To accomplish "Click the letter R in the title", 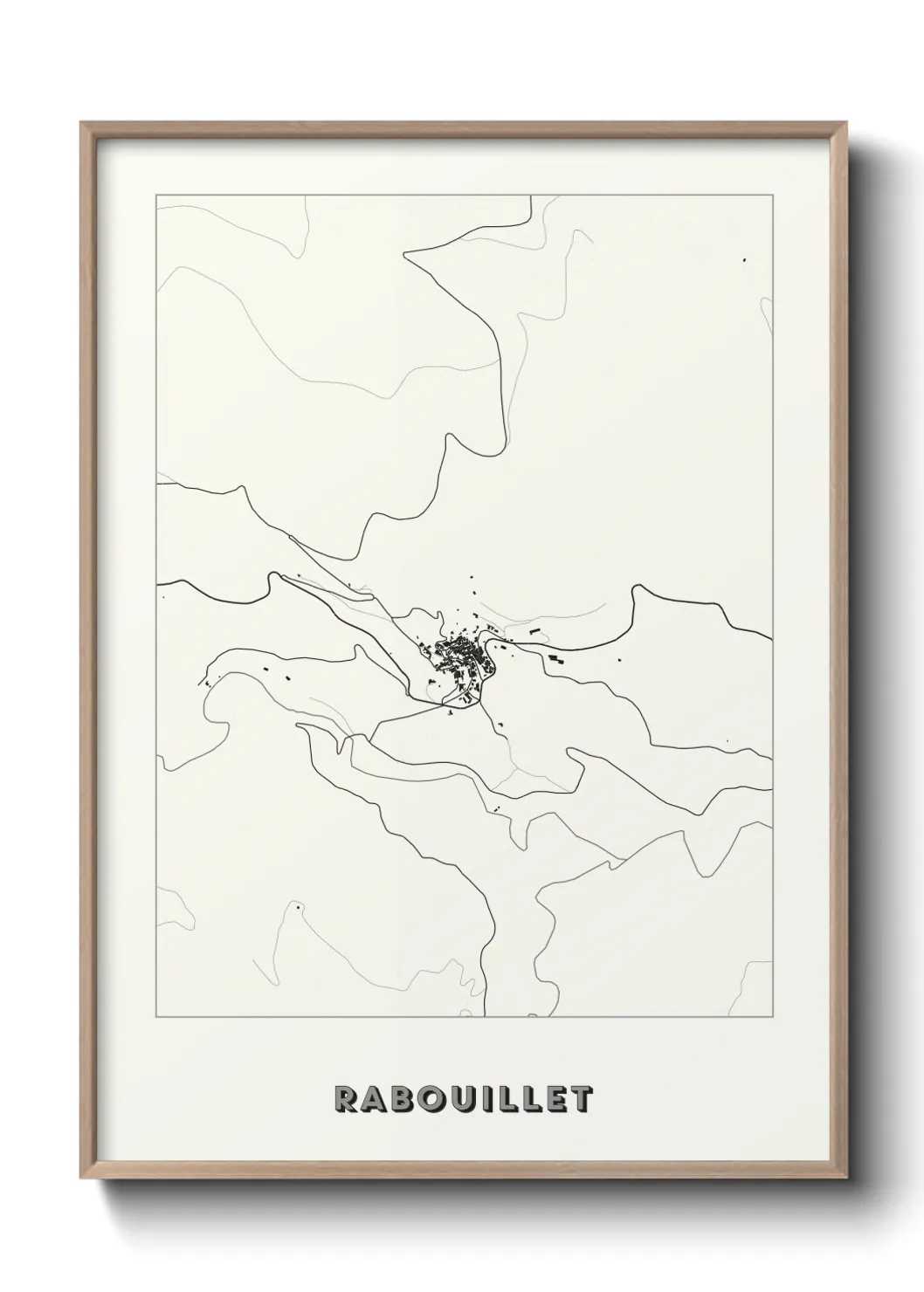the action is point(345,1099).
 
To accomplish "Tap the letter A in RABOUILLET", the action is point(374,1099).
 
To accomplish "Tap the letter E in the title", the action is point(555,1099).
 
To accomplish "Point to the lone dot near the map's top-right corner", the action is point(744,259).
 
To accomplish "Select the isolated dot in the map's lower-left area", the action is point(297,907).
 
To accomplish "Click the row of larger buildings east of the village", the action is point(556,658).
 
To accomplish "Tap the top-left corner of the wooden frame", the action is point(82,123).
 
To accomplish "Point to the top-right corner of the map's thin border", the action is point(772,195).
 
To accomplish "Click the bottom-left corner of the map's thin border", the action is point(156,1017).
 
